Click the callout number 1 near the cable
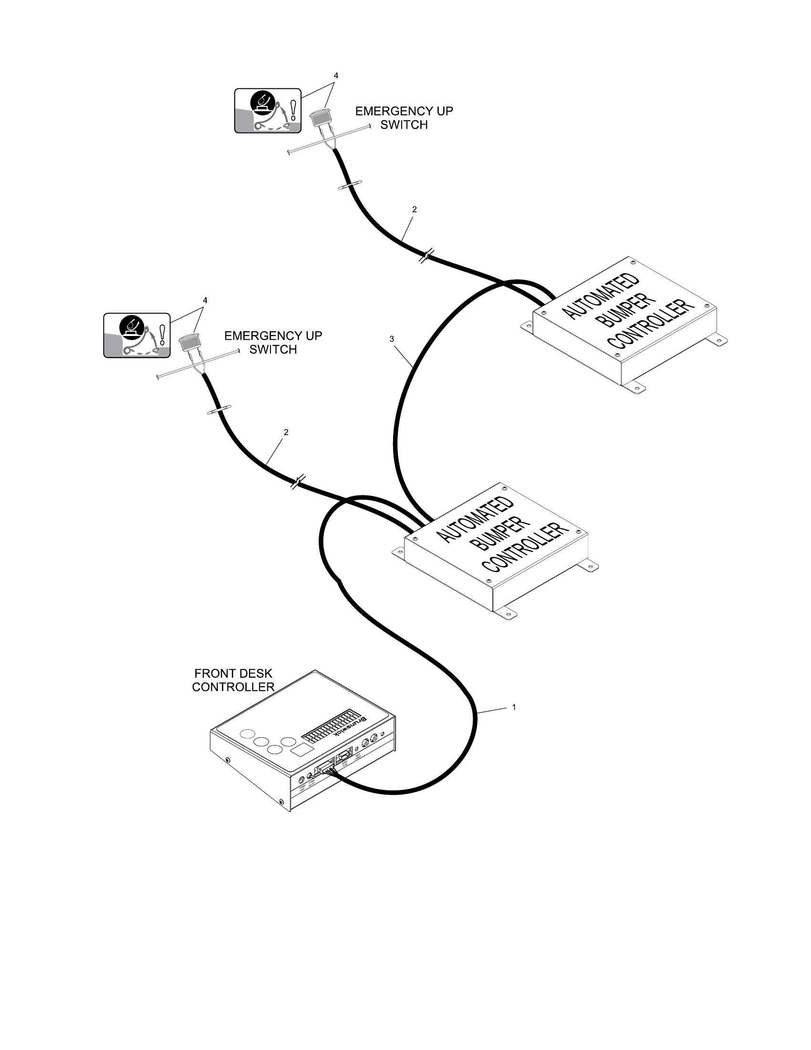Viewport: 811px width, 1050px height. [514, 707]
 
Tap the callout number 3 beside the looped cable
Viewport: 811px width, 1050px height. [392, 339]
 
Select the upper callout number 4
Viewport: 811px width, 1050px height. [336, 75]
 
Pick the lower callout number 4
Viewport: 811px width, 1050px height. [205, 300]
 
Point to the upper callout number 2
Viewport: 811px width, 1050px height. [414, 210]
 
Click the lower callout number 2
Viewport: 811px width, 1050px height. [286, 432]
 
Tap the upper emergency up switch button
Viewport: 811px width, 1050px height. [318, 117]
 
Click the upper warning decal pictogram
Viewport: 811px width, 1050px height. [268, 111]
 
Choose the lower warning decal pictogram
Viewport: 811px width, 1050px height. [137, 335]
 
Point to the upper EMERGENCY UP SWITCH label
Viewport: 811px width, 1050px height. [404, 118]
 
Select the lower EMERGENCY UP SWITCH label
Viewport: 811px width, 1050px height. [273, 342]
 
